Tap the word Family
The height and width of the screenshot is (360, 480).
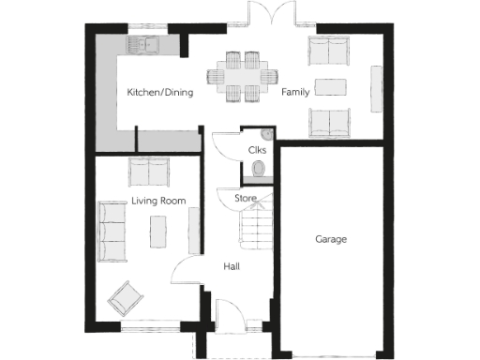click(295, 93)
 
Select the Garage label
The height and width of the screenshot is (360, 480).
click(330, 239)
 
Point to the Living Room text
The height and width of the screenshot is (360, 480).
click(157, 201)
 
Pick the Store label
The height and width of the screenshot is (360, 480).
click(245, 199)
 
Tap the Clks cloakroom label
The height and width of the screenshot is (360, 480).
click(257, 150)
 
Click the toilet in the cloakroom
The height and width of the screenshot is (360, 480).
click(259, 169)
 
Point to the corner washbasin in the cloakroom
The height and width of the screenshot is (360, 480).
click(266, 133)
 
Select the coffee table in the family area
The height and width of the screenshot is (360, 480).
click(329, 86)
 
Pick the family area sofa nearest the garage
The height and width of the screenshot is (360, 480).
click(328, 119)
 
